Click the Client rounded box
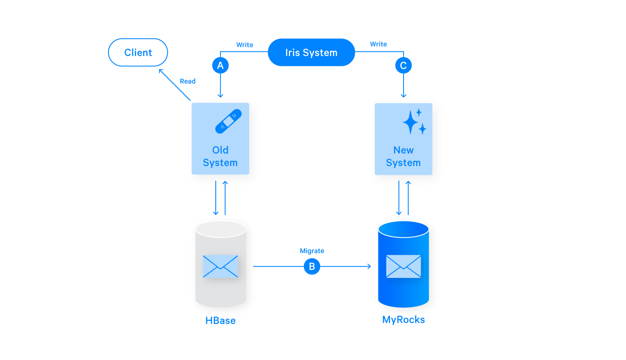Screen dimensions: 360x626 138,53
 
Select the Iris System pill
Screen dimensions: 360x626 311,53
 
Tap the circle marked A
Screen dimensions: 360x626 220,65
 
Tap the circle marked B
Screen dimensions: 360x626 312,266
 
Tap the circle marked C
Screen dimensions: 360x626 403,65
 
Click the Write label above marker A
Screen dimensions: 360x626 245,45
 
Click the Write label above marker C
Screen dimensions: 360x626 378,44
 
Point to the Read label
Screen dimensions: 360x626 187,81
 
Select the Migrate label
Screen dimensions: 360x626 312,251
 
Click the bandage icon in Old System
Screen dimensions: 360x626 228,121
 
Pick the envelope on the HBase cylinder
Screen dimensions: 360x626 220,266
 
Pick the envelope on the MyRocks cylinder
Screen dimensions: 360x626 403,266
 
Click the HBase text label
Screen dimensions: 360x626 220,320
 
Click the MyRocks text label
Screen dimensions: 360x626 403,320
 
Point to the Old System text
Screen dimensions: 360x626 220,156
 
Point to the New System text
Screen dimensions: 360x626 403,156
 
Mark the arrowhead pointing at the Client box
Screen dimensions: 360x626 161,71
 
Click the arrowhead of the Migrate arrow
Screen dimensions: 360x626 369,266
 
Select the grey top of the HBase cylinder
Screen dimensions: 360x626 221,229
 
